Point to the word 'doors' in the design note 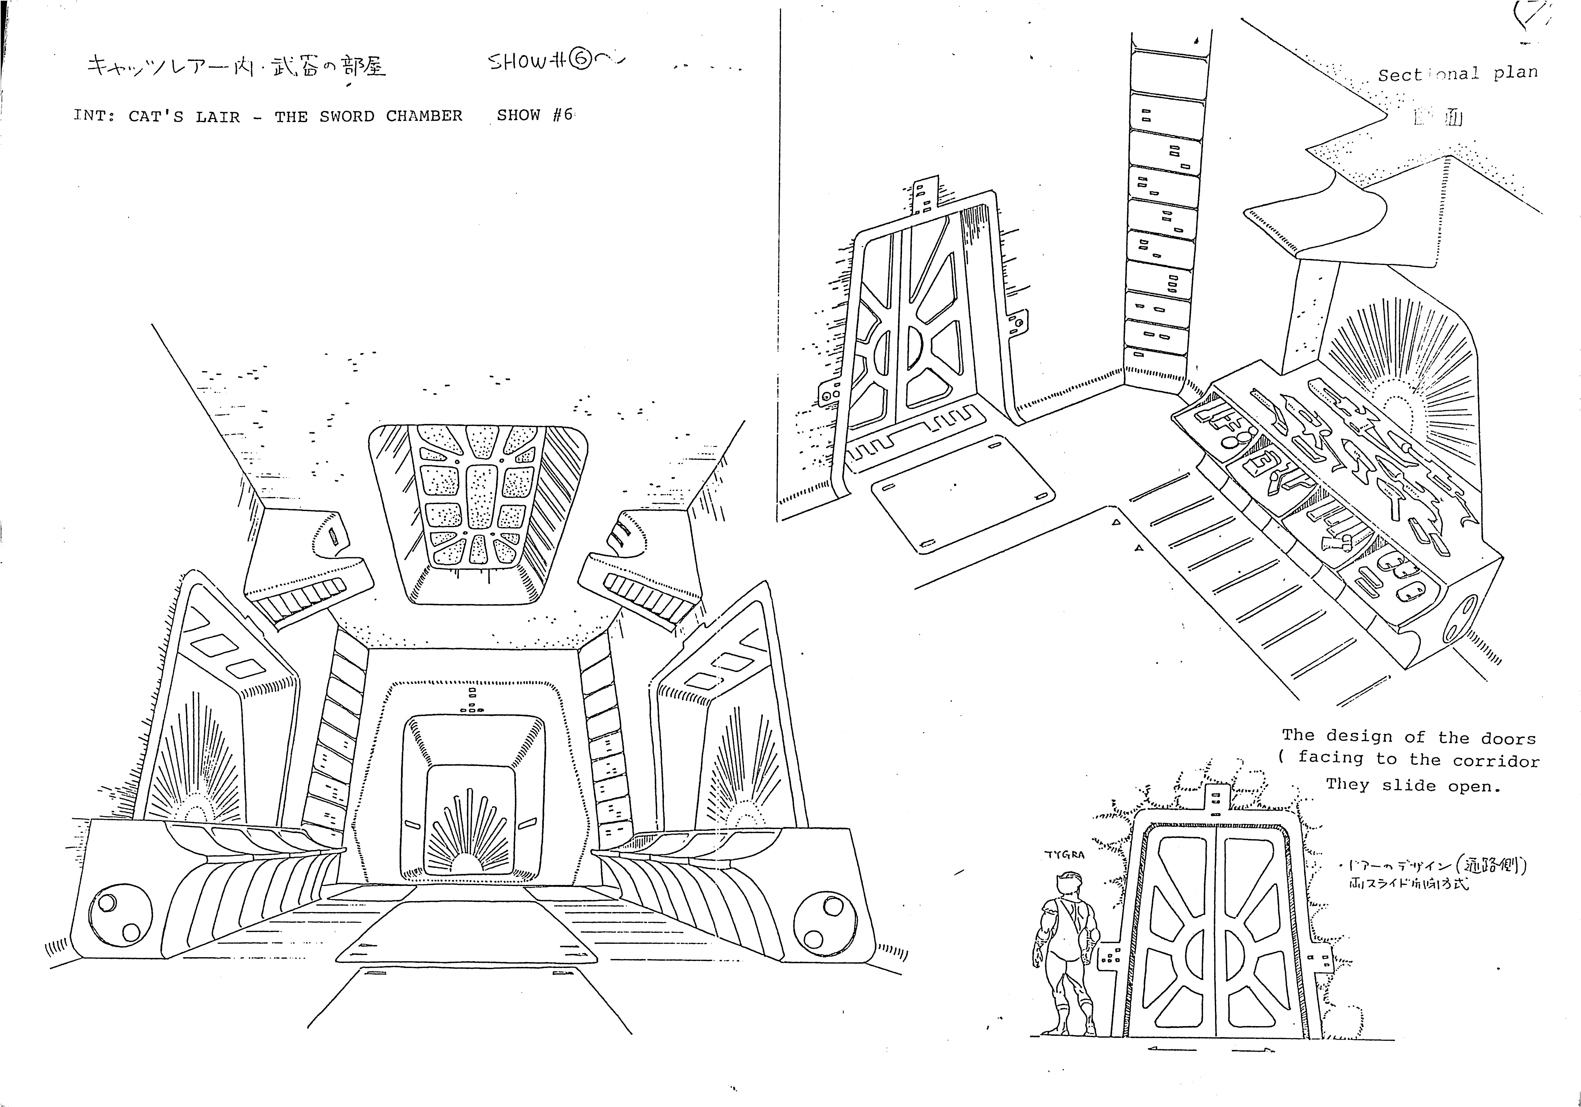point(1508,738)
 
